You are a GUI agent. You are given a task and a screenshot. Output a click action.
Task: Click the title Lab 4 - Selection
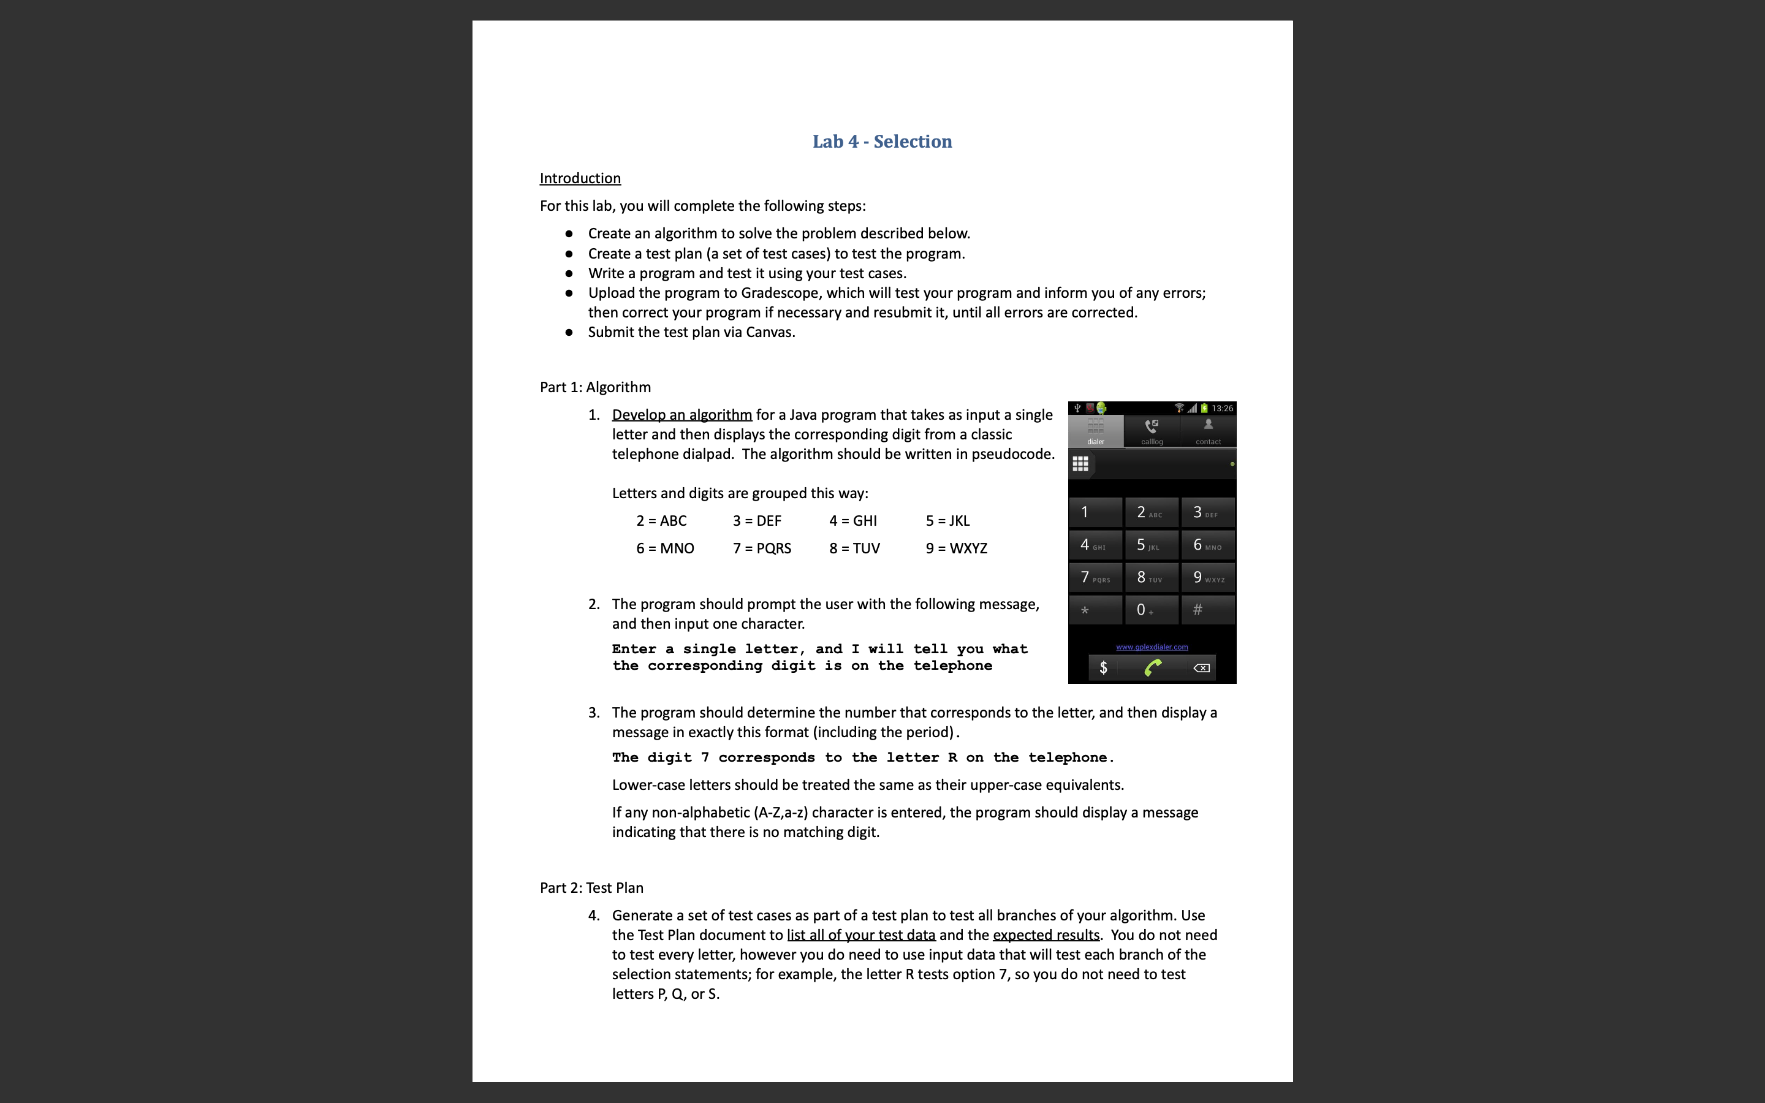click(x=882, y=142)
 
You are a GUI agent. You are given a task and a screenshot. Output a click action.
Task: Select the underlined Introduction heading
click(x=580, y=179)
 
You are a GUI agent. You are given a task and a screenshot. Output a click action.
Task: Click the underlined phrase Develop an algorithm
click(x=681, y=415)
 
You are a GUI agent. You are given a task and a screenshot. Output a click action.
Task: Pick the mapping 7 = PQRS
click(x=761, y=548)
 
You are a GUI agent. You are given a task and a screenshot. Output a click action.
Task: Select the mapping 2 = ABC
click(x=661, y=521)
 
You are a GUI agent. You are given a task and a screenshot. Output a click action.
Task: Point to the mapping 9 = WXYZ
click(x=956, y=548)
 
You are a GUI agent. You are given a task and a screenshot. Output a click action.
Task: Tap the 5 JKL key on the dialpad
click(x=1151, y=545)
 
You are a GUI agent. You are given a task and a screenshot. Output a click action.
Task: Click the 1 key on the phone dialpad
click(x=1095, y=512)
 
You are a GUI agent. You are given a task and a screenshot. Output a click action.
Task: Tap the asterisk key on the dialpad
click(x=1095, y=610)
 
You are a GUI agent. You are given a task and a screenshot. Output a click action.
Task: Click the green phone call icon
click(x=1152, y=667)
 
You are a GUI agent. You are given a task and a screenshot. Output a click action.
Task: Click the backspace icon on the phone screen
click(x=1201, y=667)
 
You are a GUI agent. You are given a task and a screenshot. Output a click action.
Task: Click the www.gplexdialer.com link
click(x=1152, y=647)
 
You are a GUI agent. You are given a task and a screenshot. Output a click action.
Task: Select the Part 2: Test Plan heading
click(x=591, y=888)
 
